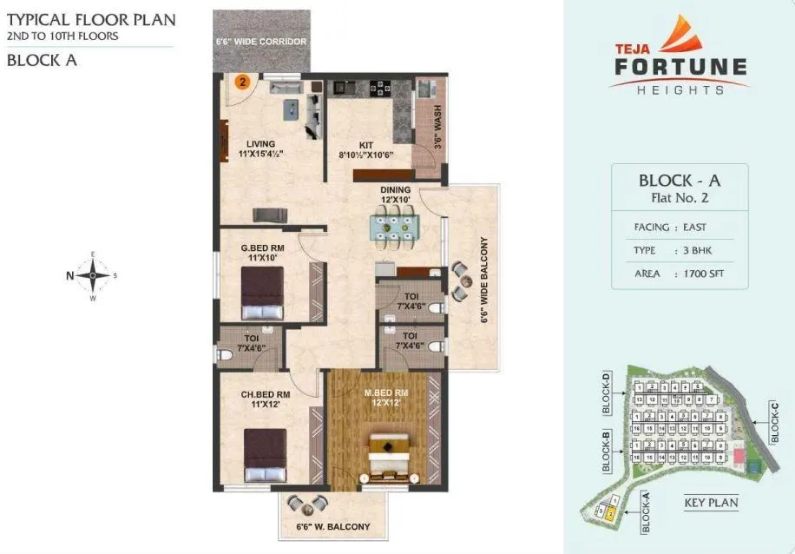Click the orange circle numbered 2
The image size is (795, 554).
click(x=244, y=82)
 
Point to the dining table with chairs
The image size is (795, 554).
click(x=396, y=228)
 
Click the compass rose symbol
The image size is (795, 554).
click(x=92, y=276)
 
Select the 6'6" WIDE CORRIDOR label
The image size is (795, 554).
click(x=261, y=41)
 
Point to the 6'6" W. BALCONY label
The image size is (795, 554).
click(x=333, y=526)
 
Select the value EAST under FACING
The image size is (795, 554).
click(x=694, y=228)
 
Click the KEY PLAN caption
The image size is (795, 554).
click(x=711, y=503)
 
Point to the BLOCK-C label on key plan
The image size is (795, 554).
click(x=775, y=422)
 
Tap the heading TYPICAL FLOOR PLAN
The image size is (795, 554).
click(x=90, y=19)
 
